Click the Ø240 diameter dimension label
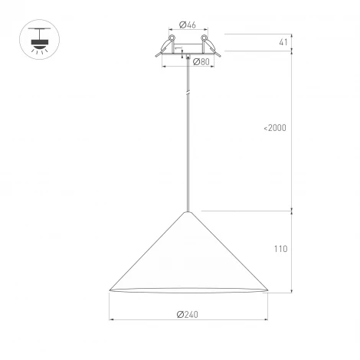(x=188, y=313)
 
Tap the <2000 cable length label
(x=274, y=128)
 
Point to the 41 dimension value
(x=283, y=42)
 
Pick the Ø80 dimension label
(x=201, y=62)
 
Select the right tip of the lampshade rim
(x=267, y=290)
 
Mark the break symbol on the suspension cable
(x=186, y=93)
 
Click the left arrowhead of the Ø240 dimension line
(x=113, y=319)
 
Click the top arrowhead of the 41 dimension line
(x=291, y=36)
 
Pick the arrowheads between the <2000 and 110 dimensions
(x=291, y=211)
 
